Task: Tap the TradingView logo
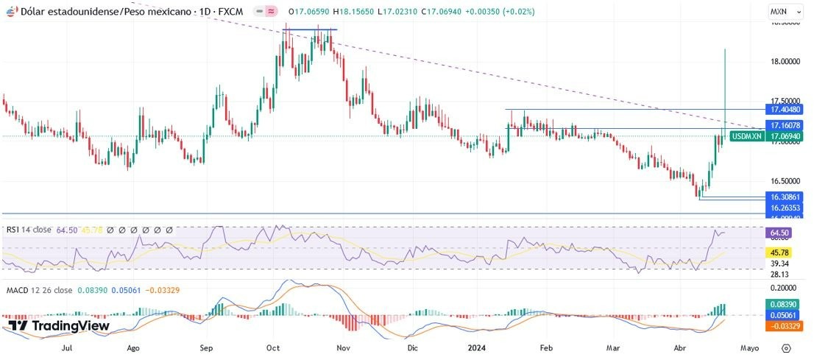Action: pos(59,325)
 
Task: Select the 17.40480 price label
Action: pos(785,109)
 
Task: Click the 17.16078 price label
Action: pos(785,126)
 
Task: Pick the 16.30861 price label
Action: pos(785,197)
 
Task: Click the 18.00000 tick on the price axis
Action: pos(785,62)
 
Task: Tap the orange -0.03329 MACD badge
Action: pos(785,326)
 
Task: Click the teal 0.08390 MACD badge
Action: pos(785,304)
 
